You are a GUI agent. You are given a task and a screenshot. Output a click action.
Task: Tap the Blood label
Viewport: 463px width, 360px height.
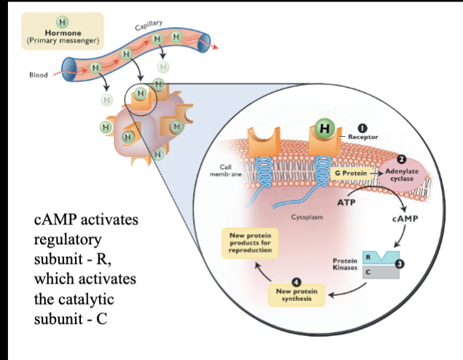pos(38,74)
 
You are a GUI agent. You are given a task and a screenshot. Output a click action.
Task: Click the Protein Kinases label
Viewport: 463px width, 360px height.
pos(344,265)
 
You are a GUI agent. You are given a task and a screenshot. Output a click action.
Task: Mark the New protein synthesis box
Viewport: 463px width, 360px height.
pos(295,297)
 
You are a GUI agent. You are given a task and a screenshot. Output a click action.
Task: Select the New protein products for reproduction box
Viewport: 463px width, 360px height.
pos(250,244)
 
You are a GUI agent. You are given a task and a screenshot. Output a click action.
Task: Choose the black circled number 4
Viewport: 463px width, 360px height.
pos(295,282)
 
